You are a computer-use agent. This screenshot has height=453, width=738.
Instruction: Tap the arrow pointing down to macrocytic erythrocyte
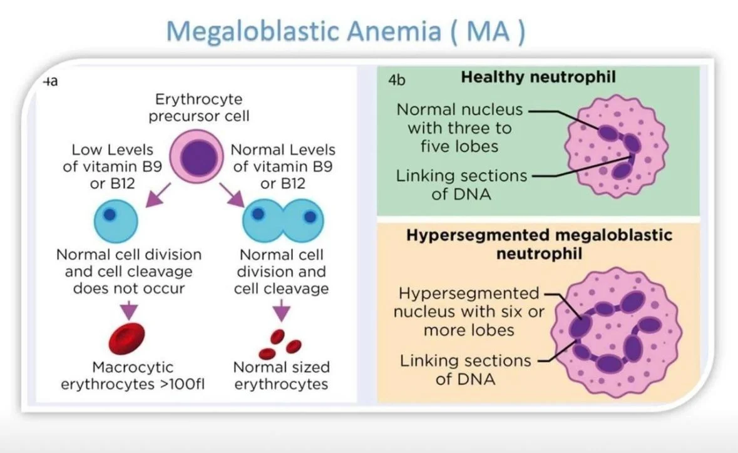tap(128, 308)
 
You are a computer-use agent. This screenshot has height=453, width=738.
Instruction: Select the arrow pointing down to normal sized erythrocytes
tap(282, 308)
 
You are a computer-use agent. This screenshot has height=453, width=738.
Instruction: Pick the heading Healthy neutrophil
tap(538, 78)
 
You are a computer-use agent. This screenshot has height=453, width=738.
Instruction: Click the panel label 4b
tap(397, 79)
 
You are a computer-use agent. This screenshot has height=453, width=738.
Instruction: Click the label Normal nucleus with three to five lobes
tap(459, 128)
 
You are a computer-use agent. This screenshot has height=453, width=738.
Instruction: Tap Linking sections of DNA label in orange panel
tap(465, 369)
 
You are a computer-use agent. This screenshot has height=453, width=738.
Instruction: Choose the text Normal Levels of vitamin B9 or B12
tap(283, 167)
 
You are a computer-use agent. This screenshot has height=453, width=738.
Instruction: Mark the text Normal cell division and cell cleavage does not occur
tap(129, 272)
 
